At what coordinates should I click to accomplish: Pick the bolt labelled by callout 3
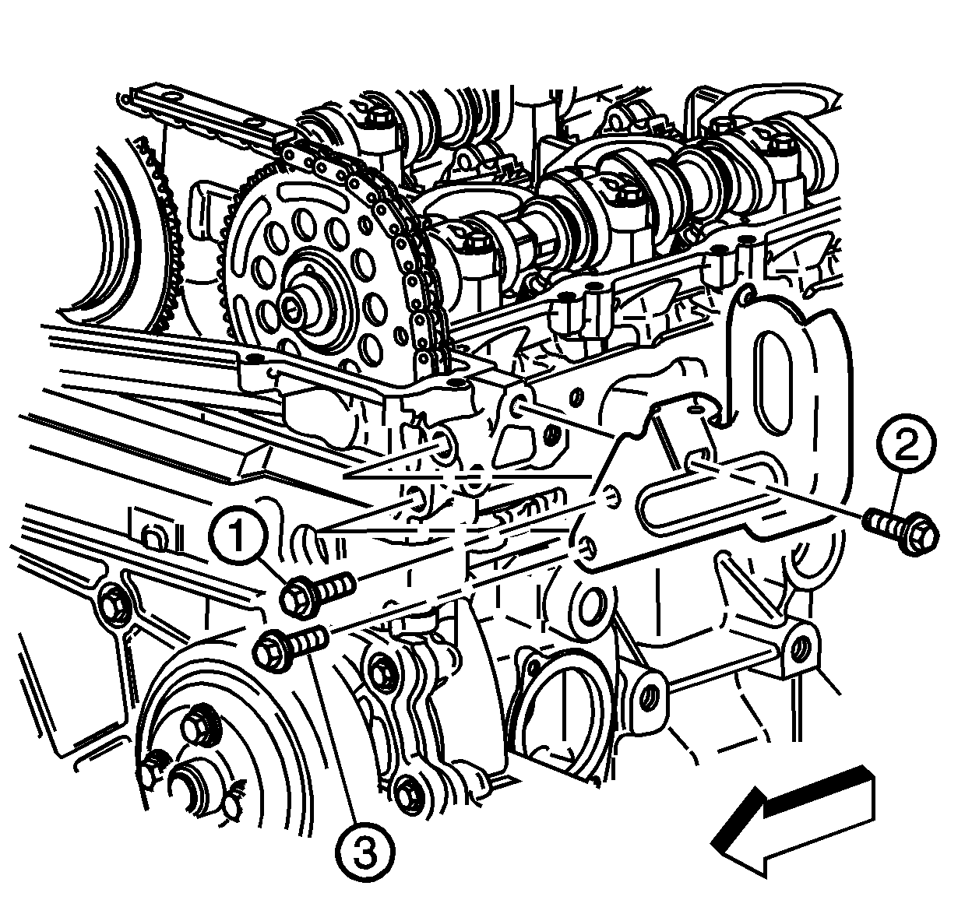(x=291, y=647)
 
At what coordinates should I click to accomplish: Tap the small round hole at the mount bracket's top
(x=697, y=409)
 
